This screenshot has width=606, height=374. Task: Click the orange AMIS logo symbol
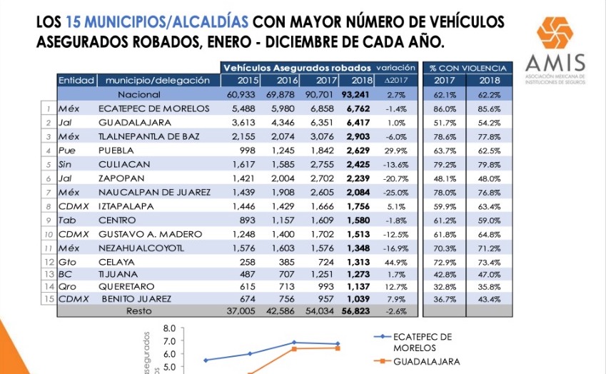tap(555, 33)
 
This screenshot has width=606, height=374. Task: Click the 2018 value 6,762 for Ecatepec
tap(358, 109)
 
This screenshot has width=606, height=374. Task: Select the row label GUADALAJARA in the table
tap(134, 123)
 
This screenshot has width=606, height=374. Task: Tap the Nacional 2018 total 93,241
tap(355, 95)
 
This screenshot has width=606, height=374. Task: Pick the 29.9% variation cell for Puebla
tap(395, 151)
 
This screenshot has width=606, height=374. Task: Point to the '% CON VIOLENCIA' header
tap(468, 68)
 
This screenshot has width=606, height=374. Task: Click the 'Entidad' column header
tap(76, 81)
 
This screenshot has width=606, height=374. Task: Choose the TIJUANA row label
tap(118, 274)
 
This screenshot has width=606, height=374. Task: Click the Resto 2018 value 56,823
tap(355, 311)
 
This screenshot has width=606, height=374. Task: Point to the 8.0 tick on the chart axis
tap(169, 328)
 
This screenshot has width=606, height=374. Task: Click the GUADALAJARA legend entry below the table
tap(426, 362)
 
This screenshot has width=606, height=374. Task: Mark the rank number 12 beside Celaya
tap(49, 262)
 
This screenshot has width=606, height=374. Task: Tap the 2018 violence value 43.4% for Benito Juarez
tap(489, 299)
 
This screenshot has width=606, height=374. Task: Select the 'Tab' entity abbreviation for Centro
tap(67, 221)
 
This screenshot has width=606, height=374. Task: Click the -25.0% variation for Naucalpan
tap(395, 193)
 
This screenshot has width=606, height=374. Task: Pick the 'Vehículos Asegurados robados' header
tap(297, 68)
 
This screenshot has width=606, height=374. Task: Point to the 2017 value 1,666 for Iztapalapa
tap(322, 206)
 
